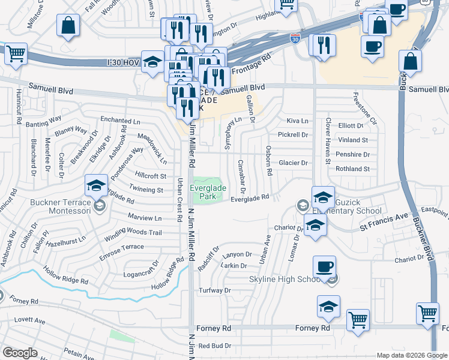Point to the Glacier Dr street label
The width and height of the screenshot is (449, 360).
(294, 163)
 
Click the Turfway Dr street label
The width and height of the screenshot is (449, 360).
(215, 291)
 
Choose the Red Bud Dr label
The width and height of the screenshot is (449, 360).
(215, 346)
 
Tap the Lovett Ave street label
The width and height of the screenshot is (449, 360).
(31, 321)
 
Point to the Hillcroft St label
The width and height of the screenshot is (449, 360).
(151, 176)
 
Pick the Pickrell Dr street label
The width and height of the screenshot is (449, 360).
(294, 135)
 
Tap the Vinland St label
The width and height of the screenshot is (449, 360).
(353, 140)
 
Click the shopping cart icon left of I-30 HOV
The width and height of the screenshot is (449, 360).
(16, 53)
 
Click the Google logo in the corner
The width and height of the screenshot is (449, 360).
(20, 353)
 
